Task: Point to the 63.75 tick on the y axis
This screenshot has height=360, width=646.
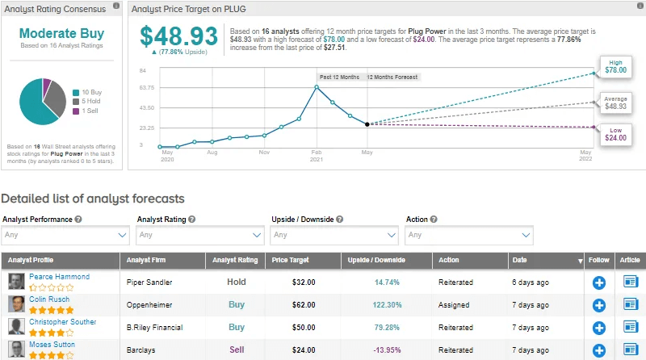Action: (x=146, y=88)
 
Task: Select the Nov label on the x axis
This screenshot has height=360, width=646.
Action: (x=264, y=152)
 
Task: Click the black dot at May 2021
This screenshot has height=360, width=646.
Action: (x=367, y=124)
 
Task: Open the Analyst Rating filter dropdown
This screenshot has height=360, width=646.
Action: (x=199, y=235)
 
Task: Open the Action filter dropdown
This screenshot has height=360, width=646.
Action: (x=469, y=235)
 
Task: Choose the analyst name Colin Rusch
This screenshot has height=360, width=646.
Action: (x=49, y=299)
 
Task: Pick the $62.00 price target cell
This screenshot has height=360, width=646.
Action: (x=304, y=305)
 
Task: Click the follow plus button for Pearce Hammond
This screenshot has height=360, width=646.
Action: (x=599, y=283)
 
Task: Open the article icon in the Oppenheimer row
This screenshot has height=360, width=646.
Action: (x=631, y=305)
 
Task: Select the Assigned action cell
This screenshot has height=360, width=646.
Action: (x=455, y=305)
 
